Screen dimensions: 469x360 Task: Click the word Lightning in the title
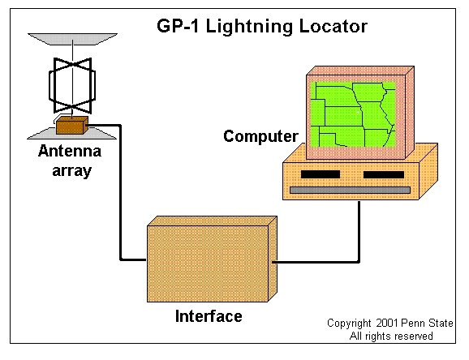click(249, 27)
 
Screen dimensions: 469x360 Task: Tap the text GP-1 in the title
click(178, 26)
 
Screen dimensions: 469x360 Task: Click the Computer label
click(260, 137)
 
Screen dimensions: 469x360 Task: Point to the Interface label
click(209, 316)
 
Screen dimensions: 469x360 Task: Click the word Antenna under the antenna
click(70, 151)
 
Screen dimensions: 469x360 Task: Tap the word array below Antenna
click(71, 172)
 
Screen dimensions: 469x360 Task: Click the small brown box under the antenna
click(71, 125)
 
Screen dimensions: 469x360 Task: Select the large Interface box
click(212, 259)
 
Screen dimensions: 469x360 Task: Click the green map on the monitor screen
click(353, 114)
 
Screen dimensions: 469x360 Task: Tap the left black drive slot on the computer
click(321, 174)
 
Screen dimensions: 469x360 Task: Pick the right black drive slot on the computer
click(384, 174)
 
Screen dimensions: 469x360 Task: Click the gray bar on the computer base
click(350, 191)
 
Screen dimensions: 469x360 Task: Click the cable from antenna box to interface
click(121, 191)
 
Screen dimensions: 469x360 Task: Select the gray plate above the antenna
click(72, 39)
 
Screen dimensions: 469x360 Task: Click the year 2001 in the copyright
click(387, 324)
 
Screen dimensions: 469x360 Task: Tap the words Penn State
click(427, 324)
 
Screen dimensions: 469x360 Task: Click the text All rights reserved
click(391, 336)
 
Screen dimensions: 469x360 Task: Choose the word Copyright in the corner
click(349, 324)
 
